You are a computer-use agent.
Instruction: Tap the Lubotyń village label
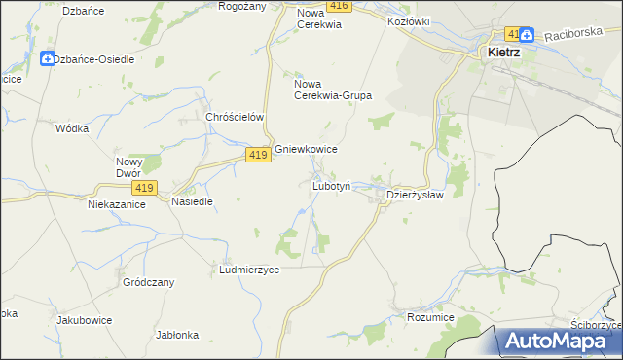338,185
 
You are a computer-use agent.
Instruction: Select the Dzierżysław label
415,195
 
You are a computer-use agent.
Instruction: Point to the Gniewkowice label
306,149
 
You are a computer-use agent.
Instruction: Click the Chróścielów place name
237,117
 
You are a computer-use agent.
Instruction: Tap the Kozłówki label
409,20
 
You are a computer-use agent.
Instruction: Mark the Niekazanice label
117,204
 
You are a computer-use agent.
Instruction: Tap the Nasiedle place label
192,201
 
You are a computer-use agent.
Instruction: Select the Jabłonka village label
177,335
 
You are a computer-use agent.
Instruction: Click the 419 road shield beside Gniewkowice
257,156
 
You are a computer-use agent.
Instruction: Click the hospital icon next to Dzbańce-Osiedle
47,59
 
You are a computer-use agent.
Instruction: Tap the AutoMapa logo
559,341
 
